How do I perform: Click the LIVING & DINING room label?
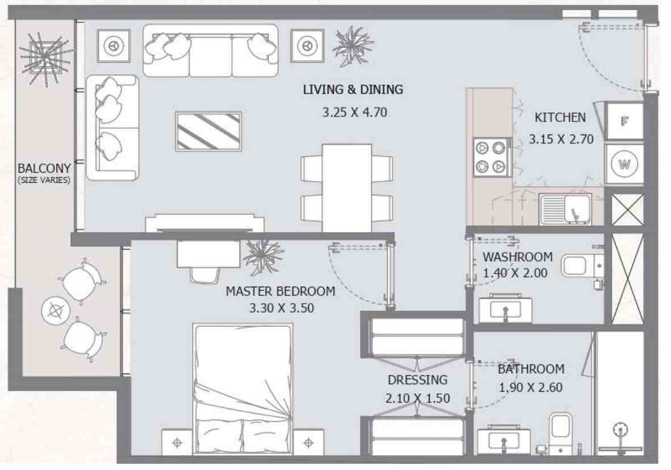pos(353,90)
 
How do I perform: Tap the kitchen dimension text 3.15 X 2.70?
pos(561,139)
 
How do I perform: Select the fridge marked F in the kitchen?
pos(624,121)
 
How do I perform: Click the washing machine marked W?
pos(624,165)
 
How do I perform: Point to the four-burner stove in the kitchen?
pos(490,157)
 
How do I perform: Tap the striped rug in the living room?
pos(208,131)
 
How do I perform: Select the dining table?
pos(347,187)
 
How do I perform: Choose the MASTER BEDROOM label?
pos(280,292)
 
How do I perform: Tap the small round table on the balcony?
pos(55,310)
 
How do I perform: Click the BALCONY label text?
pos(44,169)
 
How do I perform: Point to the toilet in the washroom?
pos(581,266)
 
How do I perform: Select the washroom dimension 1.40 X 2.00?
pos(515,273)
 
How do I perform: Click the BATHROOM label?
pos(531,370)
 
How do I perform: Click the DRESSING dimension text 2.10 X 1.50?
pos(417,398)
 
